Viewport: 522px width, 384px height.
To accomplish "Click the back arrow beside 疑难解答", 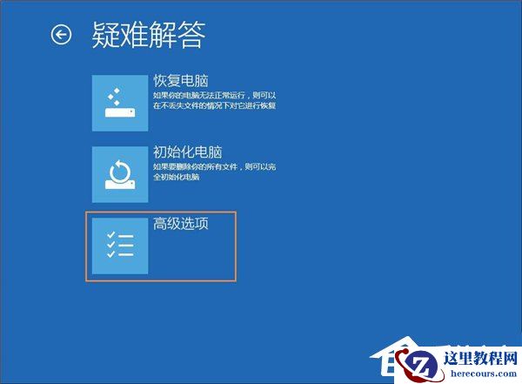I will (61, 35).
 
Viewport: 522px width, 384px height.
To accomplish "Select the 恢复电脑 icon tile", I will (120, 102).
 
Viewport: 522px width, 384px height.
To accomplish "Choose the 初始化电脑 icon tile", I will (120, 174).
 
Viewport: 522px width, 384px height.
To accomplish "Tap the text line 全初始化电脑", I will (177, 177).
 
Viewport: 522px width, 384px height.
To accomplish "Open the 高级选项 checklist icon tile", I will (120, 246).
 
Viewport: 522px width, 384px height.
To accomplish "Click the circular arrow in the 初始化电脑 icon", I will (119, 168).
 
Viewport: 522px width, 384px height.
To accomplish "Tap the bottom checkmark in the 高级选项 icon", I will (110, 255).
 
